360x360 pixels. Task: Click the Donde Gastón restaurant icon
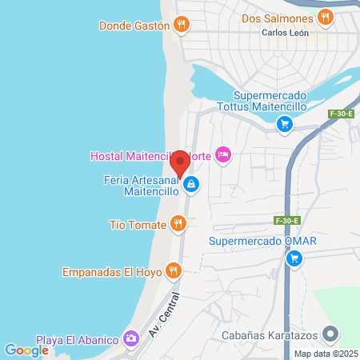(182, 25)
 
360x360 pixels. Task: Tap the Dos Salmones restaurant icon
(324, 17)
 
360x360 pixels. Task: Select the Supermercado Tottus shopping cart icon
(284, 124)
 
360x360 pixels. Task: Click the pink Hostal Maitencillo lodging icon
(224, 154)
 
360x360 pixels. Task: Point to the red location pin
(180, 163)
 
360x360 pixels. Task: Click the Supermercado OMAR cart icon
(294, 258)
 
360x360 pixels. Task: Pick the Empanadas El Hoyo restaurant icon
(174, 271)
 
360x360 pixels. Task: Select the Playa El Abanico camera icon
(131, 338)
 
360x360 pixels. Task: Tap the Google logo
(26, 350)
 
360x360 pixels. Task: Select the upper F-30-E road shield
(341, 114)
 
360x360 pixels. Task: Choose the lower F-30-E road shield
(286, 220)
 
